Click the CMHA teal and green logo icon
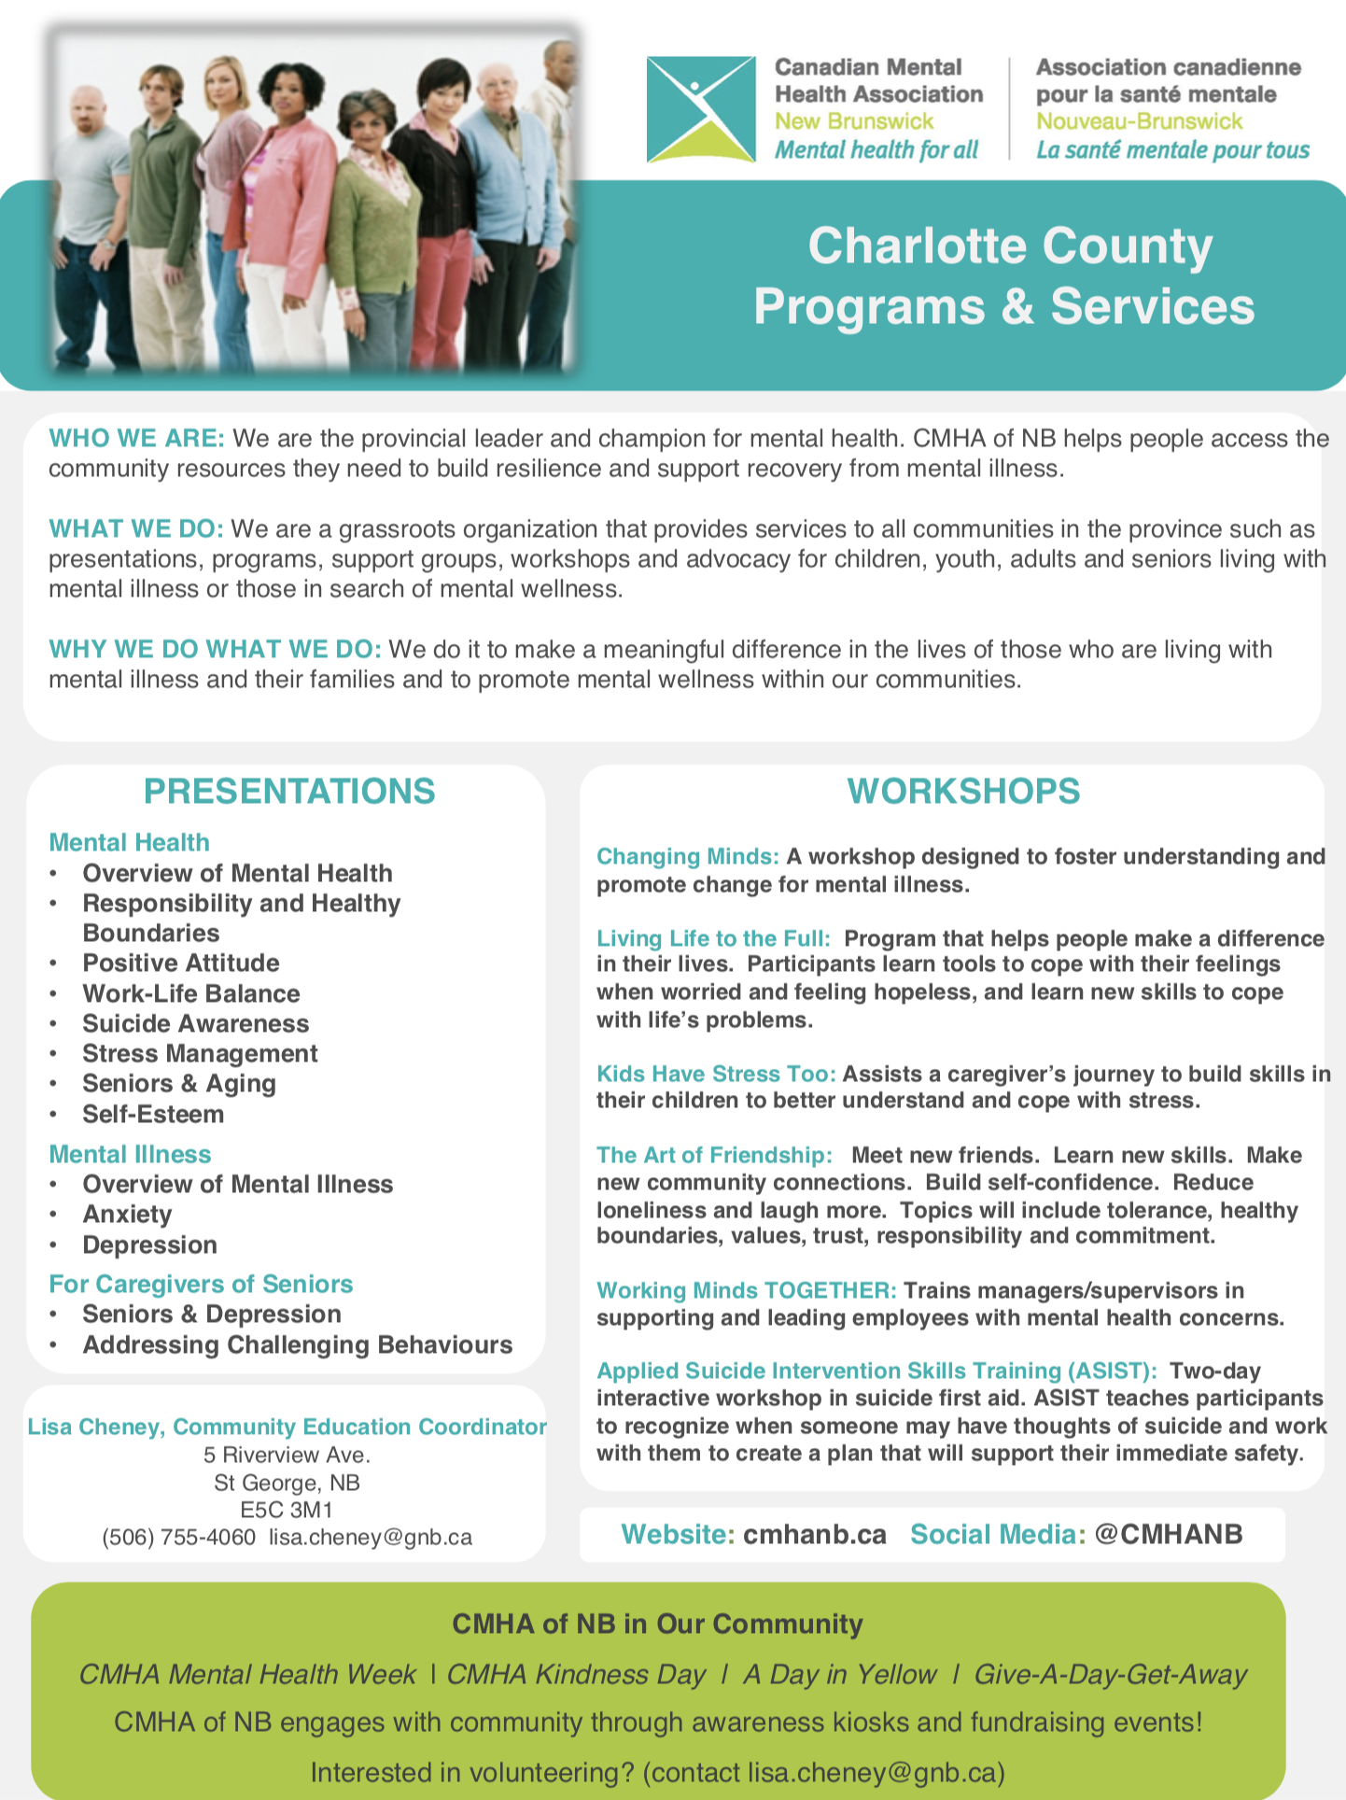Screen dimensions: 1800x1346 700,109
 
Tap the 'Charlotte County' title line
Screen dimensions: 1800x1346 1010,246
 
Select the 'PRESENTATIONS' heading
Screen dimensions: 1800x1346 289,791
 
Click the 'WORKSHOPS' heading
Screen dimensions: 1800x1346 963,791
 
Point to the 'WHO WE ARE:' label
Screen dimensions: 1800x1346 136,439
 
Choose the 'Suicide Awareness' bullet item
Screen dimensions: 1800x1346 195,1023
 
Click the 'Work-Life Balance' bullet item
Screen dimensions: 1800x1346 191,993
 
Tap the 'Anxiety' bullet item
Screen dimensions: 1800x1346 127,1214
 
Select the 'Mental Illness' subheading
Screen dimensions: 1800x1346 130,1154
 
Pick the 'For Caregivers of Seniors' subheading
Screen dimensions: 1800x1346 201,1284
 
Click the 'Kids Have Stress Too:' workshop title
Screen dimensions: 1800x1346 716,1074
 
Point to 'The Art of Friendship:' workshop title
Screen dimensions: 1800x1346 714,1155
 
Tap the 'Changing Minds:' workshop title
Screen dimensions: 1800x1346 688,856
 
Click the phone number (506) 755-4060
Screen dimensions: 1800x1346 178,1537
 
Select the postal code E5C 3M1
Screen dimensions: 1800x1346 287,1510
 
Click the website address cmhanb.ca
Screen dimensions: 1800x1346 815,1534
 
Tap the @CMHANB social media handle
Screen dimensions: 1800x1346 1168,1534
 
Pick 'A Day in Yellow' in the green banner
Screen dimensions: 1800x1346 839,1674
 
